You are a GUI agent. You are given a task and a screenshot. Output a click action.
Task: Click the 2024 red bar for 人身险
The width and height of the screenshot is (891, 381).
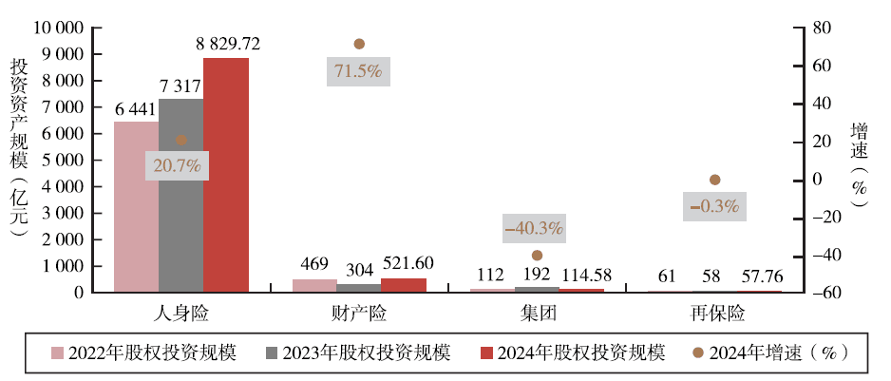click(226, 175)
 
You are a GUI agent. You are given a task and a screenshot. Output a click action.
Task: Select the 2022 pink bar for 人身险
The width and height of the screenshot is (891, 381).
click(136, 206)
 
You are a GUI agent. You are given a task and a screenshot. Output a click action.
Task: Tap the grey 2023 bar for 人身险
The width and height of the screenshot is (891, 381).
click(180, 195)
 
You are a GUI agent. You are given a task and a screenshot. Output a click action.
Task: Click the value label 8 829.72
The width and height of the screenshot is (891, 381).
click(228, 43)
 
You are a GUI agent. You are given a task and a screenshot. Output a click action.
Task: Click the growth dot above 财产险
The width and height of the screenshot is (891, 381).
click(359, 44)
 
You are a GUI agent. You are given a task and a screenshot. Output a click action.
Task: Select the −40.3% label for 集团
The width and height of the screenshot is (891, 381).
click(534, 228)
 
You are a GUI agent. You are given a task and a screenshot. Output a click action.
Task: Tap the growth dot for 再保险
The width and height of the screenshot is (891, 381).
click(715, 180)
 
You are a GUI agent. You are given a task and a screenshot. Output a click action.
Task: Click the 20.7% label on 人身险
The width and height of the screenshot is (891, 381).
click(178, 165)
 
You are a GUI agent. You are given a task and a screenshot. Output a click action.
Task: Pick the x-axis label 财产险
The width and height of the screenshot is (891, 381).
click(359, 313)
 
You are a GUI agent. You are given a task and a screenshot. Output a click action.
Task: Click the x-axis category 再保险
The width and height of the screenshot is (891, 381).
click(717, 313)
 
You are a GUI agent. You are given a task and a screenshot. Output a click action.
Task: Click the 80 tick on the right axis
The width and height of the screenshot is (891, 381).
click(809, 28)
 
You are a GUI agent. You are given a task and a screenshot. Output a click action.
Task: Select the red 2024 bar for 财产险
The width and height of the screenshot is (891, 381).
click(404, 285)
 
